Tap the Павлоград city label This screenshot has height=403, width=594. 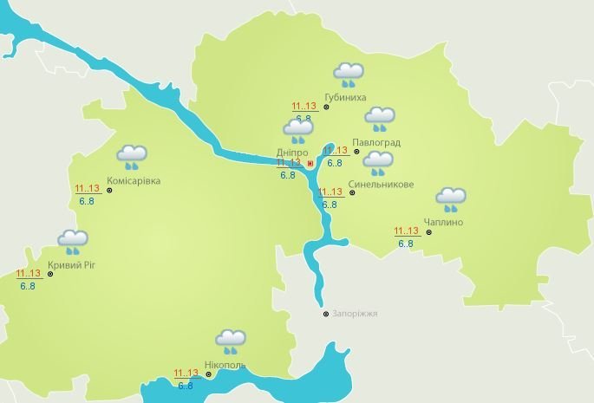coord(382,142)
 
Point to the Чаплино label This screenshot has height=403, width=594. coord(443,223)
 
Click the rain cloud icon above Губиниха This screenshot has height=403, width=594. coord(349,75)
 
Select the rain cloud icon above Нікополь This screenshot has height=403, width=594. coord(230,341)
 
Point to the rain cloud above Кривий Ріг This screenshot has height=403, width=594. coord(73,242)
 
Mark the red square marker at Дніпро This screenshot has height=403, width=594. coord(310,162)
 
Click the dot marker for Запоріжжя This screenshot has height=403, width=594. coord(326,314)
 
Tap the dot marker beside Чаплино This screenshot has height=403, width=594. coord(429,232)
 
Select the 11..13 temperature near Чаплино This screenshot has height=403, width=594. coord(406,231)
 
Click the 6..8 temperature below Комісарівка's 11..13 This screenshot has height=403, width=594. coord(87,201)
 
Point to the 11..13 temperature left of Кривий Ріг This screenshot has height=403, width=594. coord(29,274)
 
